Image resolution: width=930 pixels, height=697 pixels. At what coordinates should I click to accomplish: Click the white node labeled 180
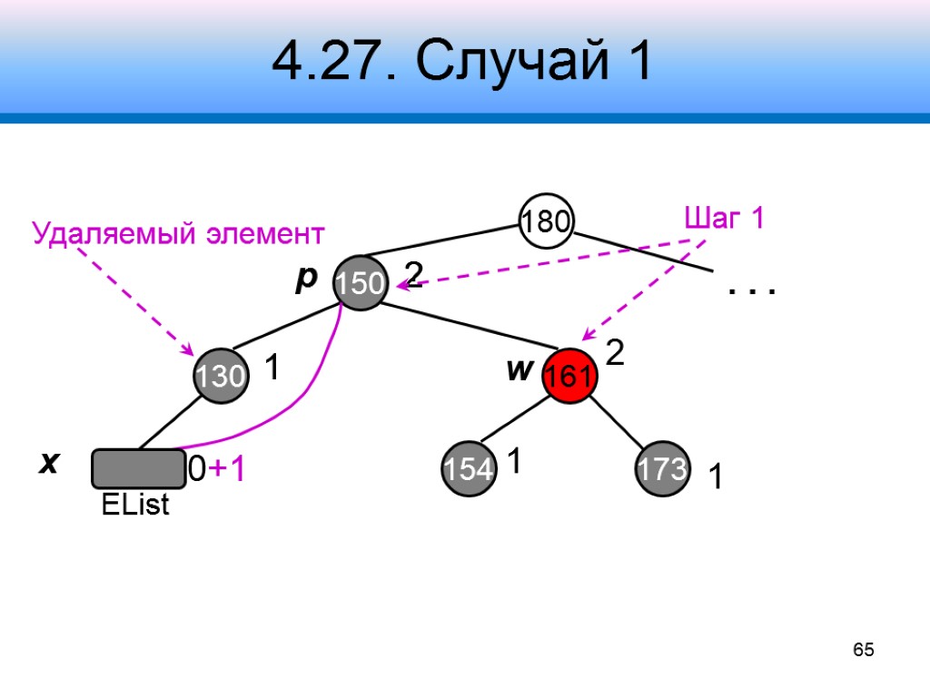546,221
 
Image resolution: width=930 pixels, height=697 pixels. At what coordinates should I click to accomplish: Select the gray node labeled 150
361,282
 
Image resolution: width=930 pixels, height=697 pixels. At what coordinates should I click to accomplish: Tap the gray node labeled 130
221,375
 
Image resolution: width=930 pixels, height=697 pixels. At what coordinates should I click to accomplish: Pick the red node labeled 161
569,375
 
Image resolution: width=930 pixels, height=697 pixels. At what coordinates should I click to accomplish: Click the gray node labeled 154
470,468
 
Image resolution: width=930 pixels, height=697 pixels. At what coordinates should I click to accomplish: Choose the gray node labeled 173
662,468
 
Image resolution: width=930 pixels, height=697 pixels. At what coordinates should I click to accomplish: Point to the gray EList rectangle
138,468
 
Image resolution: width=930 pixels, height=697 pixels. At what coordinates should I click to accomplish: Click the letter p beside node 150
304,279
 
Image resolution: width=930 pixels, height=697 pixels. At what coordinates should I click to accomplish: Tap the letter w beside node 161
518,370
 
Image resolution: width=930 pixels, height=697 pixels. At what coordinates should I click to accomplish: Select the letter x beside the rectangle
47,463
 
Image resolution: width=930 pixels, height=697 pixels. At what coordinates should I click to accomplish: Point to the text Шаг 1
723,219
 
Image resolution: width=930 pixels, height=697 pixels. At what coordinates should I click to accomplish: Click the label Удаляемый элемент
178,234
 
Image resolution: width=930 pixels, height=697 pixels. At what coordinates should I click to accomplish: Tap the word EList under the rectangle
135,506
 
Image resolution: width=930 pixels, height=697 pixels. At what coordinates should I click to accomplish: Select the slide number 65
863,650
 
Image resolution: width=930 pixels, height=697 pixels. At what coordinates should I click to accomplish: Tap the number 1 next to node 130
271,368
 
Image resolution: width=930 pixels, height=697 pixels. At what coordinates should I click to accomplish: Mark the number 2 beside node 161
615,353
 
